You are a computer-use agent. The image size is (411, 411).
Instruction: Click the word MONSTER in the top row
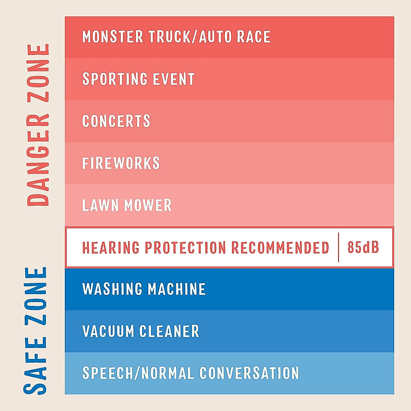(x=113, y=37)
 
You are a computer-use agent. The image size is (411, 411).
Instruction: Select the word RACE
(x=254, y=37)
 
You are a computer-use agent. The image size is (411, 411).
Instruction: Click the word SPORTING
(x=115, y=79)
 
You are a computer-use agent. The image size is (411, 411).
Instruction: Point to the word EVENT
(x=174, y=79)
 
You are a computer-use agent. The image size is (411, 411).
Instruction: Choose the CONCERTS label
(x=116, y=121)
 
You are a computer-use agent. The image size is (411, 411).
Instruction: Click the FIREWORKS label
(x=121, y=163)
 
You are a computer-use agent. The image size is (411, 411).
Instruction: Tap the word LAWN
(x=100, y=205)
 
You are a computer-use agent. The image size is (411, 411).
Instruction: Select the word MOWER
(x=148, y=205)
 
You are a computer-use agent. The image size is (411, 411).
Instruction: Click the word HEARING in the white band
(x=111, y=247)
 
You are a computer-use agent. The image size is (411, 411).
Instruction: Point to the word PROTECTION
(x=185, y=247)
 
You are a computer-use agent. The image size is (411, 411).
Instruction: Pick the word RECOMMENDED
(x=280, y=247)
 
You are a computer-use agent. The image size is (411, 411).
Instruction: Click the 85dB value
(x=363, y=247)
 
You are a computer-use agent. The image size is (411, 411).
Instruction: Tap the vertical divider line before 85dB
(x=338, y=247)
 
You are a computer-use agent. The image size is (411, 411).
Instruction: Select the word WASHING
(x=112, y=289)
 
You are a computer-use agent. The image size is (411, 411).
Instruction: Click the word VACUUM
(x=108, y=331)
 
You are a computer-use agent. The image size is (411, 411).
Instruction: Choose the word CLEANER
(x=169, y=331)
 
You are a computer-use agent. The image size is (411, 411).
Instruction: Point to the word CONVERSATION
(x=249, y=373)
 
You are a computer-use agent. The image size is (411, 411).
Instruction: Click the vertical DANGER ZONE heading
(x=38, y=125)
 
